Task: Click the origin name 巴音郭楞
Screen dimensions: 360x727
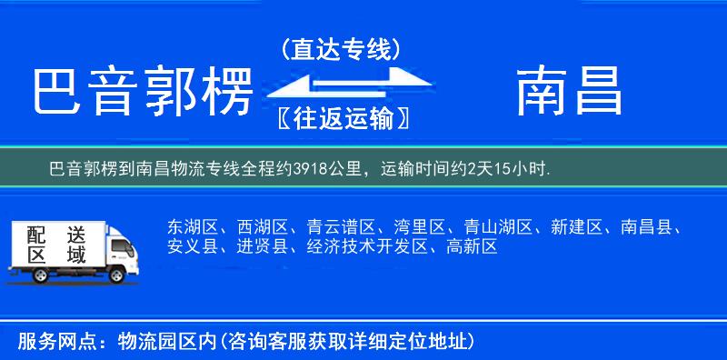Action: click(x=142, y=93)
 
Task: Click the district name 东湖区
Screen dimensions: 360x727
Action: click(x=193, y=226)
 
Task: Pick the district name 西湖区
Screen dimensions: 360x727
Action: click(x=262, y=226)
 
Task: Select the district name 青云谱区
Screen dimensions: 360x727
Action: click(x=339, y=226)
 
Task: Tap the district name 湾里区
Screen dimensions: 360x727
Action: click(x=417, y=226)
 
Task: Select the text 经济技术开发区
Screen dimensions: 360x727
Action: click(x=364, y=245)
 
